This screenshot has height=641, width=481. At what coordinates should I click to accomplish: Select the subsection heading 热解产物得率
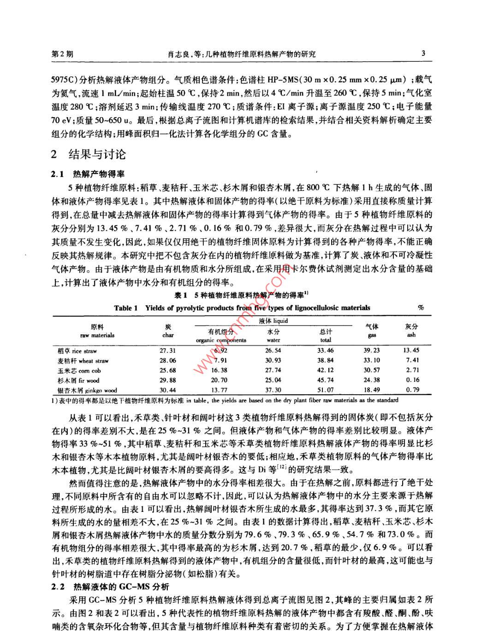pyautogui.click(x=99, y=174)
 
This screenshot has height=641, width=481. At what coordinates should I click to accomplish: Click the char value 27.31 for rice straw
pyautogui.click(x=168, y=350)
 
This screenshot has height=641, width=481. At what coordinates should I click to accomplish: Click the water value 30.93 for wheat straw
pyautogui.click(x=273, y=361)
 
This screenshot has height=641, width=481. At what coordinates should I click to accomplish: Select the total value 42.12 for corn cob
pyautogui.click(x=326, y=370)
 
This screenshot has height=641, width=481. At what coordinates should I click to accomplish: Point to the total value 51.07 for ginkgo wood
pyautogui.click(x=326, y=390)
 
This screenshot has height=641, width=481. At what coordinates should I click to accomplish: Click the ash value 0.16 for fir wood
pyautogui.click(x=412, y=380)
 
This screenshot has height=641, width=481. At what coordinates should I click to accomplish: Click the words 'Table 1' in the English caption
pyautogui.click(x=126, y=308)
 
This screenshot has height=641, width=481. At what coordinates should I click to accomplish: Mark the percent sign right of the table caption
pyautogui.click(x=420, y=308)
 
